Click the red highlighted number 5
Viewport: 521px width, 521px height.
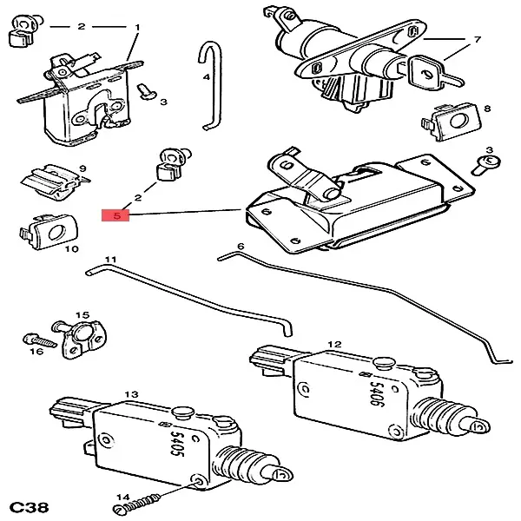[115, 214]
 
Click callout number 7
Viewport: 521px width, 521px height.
[477, 40]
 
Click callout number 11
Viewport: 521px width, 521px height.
[110, 260]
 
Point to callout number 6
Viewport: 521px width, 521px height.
[241, 247]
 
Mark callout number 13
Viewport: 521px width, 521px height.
[132, 395]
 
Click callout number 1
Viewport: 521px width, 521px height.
[137, 28]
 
